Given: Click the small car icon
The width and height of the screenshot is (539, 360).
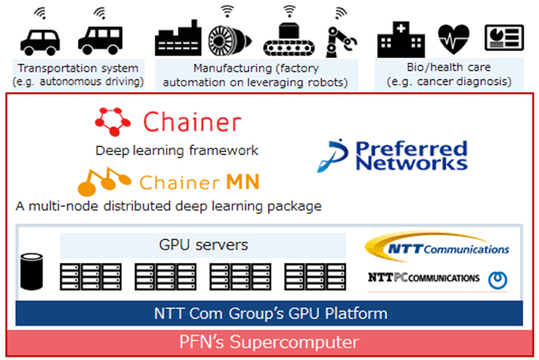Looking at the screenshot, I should [41, 38].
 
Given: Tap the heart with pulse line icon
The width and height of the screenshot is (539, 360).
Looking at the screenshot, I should [453, 38].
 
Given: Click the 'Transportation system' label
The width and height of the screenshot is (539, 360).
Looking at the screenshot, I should [79, 66].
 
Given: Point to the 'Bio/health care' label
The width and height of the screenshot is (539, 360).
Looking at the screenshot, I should [449, 66].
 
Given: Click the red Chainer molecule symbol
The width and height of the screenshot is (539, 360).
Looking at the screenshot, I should [113, 123].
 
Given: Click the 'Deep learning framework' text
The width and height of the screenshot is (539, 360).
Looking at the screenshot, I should [177, 150].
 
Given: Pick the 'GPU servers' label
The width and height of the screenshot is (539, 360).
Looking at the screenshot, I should [202, 246].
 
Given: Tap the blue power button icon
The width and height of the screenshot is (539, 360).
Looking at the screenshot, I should [498, 280].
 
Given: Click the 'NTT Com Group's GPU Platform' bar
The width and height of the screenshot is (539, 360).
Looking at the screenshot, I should [269, 314].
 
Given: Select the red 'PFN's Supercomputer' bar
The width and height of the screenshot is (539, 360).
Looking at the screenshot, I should [269, 342].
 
